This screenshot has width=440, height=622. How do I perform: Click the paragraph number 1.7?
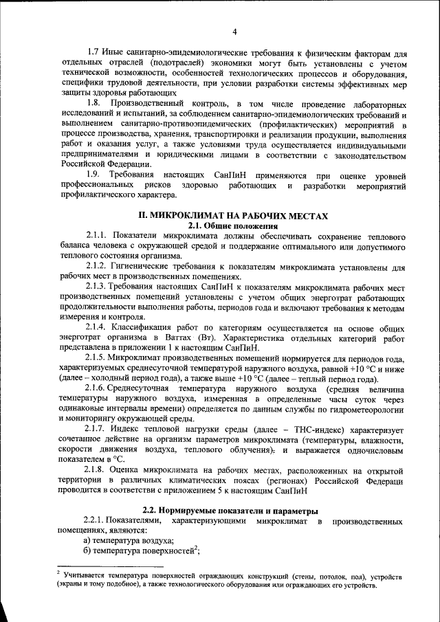coord(94,52)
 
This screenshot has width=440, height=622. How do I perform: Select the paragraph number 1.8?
coord(95,102)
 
